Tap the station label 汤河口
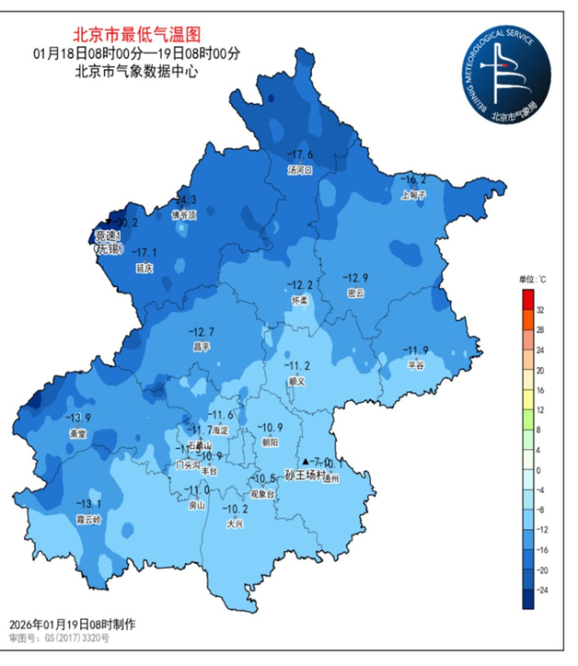click(x=300, y=170)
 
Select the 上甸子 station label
click(x=414, y=193)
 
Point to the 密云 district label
click(x=356, y=293)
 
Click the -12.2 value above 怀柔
click(x=299, y=285)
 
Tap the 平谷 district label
click(x=415, y=365)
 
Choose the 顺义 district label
click(x=296, y=381)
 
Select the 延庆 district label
click(x=144, y=268)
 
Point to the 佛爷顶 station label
click(x=184, y=214)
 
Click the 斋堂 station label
click(x=78, y=434)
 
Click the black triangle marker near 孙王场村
click(x=305, y=462)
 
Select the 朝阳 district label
click(x=269, y=442)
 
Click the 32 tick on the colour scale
click(x=541, y=309)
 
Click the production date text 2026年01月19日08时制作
click(x=72, y=624)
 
